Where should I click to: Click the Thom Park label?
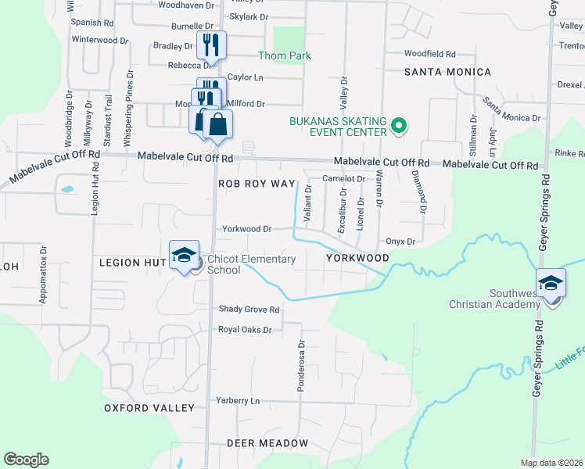pyautogui.click(x=285, y=55)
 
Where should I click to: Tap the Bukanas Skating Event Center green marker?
pyautogui.click(x=398, y=125)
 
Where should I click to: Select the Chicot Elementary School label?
pyautogui.click(x=246, y=265)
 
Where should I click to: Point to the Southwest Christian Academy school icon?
pyautogui.click(x=551, y=282)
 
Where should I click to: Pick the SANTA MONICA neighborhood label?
pyautogui.click(x=447, y=72)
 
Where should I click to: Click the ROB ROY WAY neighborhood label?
pyautogui.click(x=257, y=183)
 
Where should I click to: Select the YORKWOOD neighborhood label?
pyautogui.click(x=357, y=257)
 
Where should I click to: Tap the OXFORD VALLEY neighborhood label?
pyautogui.click(x=149, y=408)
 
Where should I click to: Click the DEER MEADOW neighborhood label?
pyautogui.click(x=267, y=442)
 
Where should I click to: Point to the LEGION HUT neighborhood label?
pyautogui.click(x=131, y=263)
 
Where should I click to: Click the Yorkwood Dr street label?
pyautogui.click(x=246, y=229)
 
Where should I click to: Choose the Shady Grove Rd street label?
pyautogui.click(x=249, y=310)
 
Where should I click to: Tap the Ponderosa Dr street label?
pyautogui.click(x=301, y=365)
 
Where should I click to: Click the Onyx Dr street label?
pyautogui.click(x=400, y=242)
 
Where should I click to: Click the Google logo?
pyautogui.click(x=26, y=460)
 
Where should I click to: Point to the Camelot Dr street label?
pyautogui.click(x=344, y=178)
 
